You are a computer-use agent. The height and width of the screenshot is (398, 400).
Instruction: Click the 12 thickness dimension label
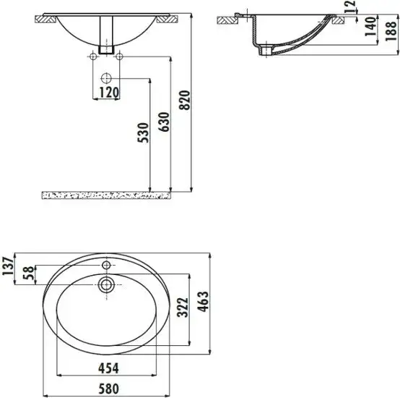click(x=370, y=8)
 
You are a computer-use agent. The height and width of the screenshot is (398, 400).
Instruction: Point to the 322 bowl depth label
click(x=184, y=310)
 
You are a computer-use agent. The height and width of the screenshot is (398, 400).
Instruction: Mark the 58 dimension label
click(x=30, y=274)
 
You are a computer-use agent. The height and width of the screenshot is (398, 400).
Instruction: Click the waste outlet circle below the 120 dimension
click(x=107, y=77)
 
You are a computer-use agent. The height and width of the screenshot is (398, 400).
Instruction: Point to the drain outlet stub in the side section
click(x=271, y=50)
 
